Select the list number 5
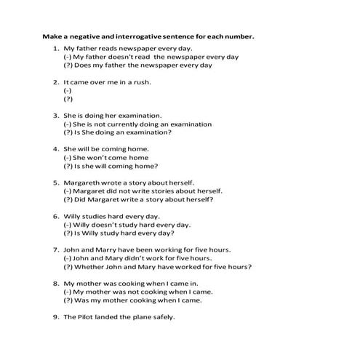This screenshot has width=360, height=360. click(55, 182)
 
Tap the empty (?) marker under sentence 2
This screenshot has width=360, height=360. click(68, 99)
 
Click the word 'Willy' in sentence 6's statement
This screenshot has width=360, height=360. click(73, 216)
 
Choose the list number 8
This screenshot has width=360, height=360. click(55, 283)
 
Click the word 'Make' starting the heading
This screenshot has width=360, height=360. click(52, 36)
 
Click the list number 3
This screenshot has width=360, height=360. click(55, 115)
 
